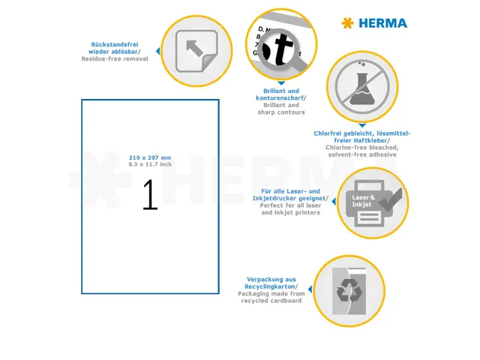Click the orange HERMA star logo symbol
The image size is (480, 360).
coord(347,23)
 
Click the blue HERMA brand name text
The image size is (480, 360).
coord(383,23)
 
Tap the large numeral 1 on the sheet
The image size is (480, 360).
coord(150,195)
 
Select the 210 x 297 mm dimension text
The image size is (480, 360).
coord(150,157)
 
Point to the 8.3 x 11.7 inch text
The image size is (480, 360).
coord(150,164)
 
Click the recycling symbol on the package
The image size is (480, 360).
coord(349,290)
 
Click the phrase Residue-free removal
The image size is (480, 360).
coord(114,58)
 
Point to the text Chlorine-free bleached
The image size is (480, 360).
coord(361,148)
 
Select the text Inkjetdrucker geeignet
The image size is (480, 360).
coord(290,199)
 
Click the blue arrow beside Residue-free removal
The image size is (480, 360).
coord(157,51)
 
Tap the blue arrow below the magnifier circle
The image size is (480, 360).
coord(281,82)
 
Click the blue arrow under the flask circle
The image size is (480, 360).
coord(361,125)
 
